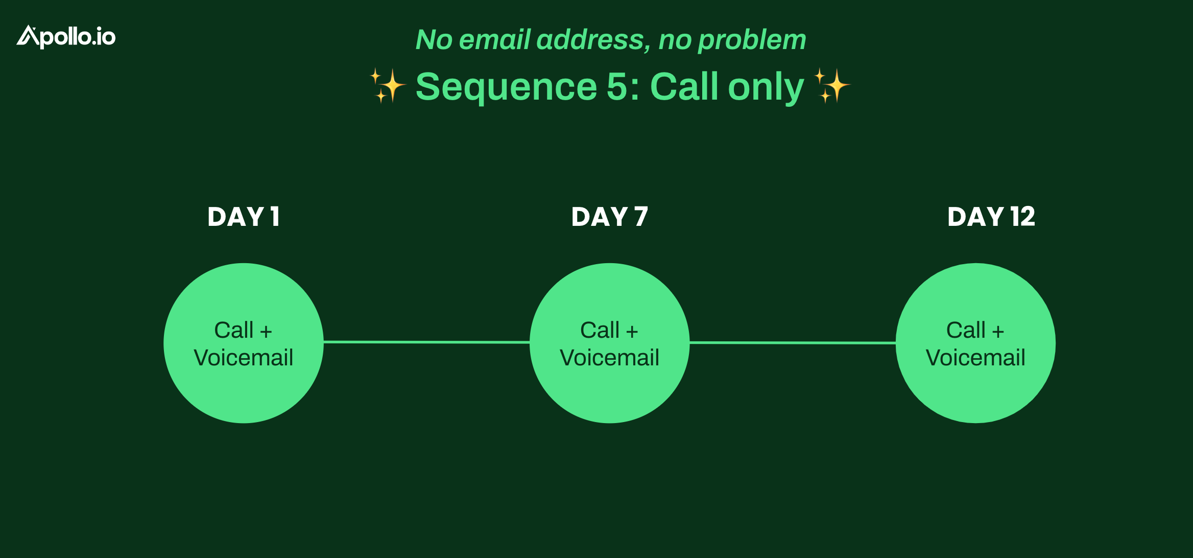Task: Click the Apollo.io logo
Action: coord(66,37)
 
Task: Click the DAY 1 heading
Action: coord(244,217)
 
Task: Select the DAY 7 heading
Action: coord(610,217)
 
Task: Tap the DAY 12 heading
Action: coord(991,217)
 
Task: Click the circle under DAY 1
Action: coord(244,343)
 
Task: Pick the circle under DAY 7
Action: coord(610,343)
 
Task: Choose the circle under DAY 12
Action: coord(976,343)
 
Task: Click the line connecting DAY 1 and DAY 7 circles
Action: coord(426,342)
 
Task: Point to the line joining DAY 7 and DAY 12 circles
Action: coord(793,343)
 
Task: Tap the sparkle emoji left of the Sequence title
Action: coord(388,85)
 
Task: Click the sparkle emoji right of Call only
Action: coord(832,85)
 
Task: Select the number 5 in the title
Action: coord(617,86)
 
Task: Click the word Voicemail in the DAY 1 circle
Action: coord(244,358)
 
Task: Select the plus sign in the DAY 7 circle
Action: coord(632,332)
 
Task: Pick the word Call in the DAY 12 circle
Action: coord(966,330)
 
